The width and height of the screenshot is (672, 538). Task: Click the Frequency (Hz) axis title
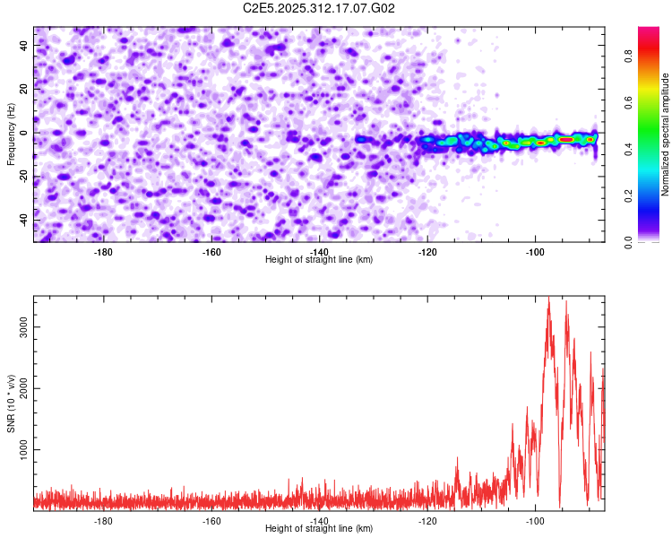click(x=11, y=134)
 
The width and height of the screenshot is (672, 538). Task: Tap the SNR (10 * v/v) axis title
click(x=11, y=402)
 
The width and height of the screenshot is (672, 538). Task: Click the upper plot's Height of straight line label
click(x=319, y=259)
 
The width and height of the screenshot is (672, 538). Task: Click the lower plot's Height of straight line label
click(x=319, y=528)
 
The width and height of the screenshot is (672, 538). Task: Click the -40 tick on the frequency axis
click(x=22, y=220)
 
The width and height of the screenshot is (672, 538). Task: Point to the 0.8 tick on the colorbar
click(x=654, y=51)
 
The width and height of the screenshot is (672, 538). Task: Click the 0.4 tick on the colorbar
click(x=654, y=147)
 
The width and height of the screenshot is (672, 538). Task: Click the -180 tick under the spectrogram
click(x=104, y=251)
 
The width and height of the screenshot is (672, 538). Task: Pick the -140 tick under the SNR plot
click(x=320, y=520)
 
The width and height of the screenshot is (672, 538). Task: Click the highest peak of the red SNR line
click(x=549, y=298)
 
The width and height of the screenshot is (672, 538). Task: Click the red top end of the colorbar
click(x=649, y=30)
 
